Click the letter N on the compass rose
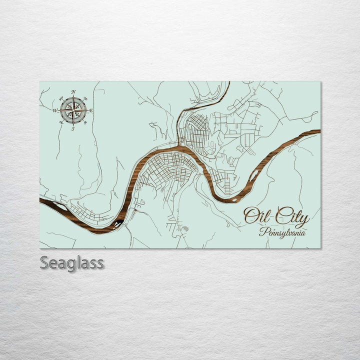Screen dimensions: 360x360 point(73,91)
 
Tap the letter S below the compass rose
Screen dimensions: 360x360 point(73,128)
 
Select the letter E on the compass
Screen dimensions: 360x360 point(91,110)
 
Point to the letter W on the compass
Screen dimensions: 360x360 point(55,110)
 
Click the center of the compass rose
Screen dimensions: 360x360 point(73,110)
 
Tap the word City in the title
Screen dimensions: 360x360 point(292,217)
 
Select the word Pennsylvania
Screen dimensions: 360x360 point(282,232)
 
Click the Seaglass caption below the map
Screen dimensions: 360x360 point(72,263)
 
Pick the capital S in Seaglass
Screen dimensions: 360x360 point(45,263)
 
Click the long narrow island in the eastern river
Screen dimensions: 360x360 point(254,175)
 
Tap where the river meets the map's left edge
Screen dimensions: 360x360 point(41,200)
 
